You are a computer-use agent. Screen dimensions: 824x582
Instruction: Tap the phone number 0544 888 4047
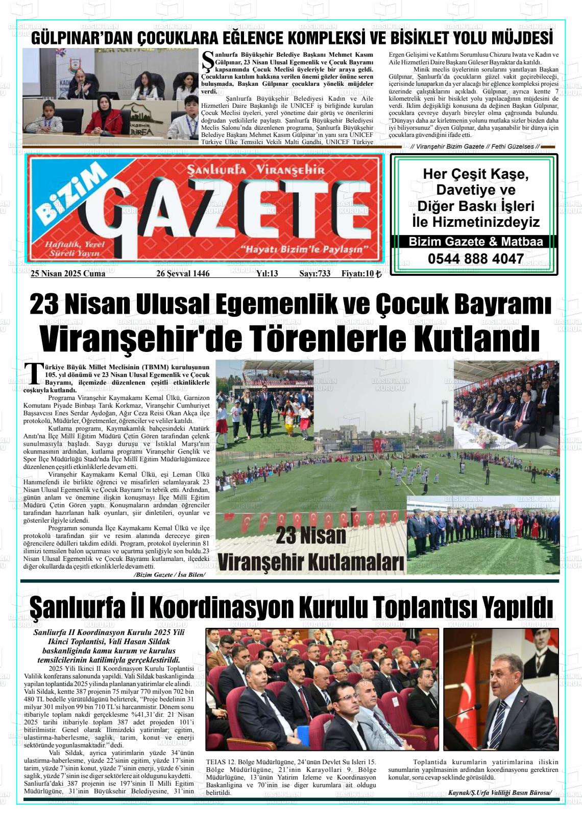click(475, 259)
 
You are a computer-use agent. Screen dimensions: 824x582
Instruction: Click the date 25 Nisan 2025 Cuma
click(68, 274)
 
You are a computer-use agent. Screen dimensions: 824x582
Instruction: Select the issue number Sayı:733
click(314, 274)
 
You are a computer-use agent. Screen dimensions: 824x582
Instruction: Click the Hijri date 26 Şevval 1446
click(183, 274)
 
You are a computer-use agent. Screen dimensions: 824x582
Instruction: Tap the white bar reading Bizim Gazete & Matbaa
click(475, 242)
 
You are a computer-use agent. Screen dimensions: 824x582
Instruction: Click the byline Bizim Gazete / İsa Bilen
click(169, 575)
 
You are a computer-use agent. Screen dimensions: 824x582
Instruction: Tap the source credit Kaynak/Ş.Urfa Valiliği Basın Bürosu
click(500, 792)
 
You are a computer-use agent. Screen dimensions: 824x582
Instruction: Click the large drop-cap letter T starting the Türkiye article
click(34, 373)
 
